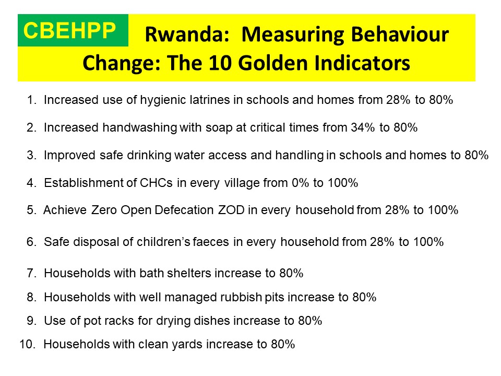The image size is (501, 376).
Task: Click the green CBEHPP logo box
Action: coord(73,30)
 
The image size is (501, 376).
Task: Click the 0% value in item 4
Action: coord(301,183)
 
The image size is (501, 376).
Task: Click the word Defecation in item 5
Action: coord(184,210)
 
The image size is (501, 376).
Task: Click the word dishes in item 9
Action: coord(212,321)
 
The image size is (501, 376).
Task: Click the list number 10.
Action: coord(27,344)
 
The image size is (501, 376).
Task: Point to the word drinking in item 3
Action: coord(149,156)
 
